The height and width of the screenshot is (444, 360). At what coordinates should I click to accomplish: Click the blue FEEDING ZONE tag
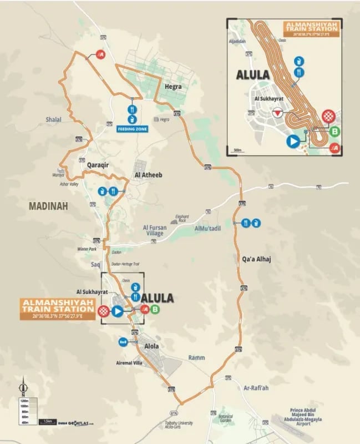[x=132, y=129]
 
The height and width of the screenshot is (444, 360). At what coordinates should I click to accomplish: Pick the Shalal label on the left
[x=54, y=118]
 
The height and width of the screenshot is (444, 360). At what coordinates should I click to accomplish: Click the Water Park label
[x=87, y=249]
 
